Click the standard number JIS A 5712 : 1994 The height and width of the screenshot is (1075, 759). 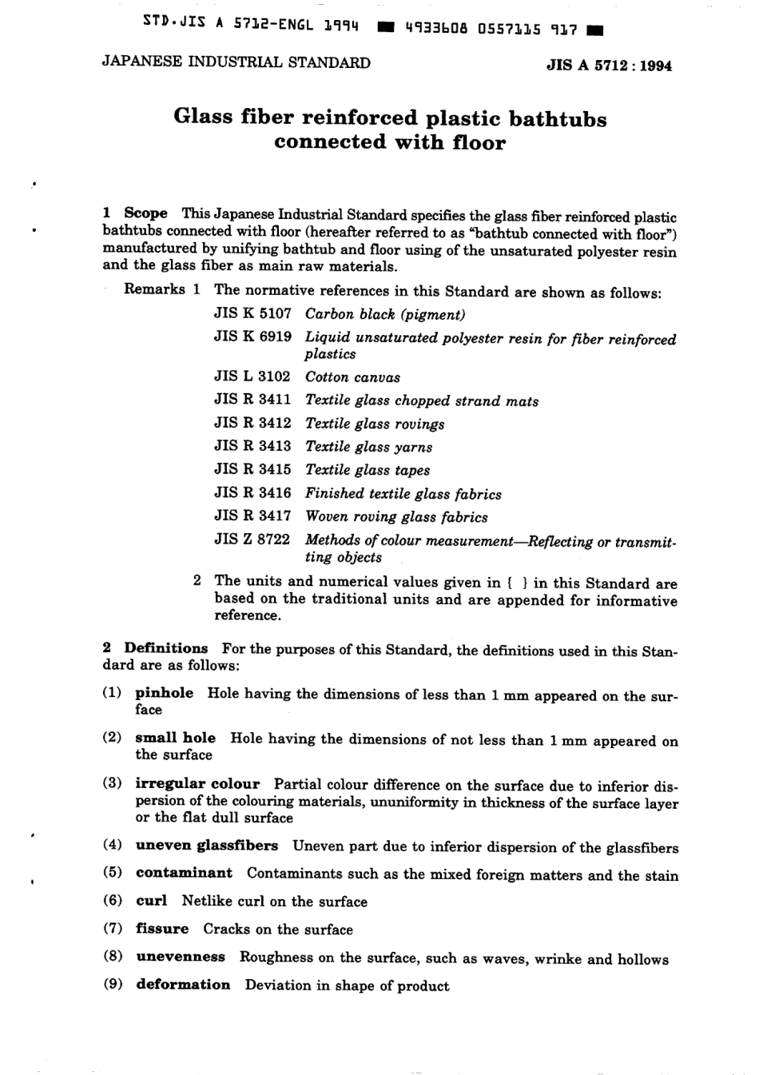click(x=609, y=66)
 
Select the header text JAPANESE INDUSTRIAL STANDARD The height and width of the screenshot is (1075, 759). click(x=236, y=62)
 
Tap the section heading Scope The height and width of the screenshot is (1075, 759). click(x=145, y=213)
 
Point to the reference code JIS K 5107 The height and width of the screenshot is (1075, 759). click(x=252, y=313)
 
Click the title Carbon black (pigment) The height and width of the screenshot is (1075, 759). click(x=384, y=314)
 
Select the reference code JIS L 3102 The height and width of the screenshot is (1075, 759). click(x=252, y=376)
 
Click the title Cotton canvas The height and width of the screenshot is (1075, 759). click(x=352, y=377)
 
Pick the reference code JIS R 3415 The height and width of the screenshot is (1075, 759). click(x=252, y=469)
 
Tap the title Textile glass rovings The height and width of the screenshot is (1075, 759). click(x=375, y=424)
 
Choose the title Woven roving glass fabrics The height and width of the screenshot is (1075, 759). click(x=396, y=517)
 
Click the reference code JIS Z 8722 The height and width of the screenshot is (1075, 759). click(x=252, y=539)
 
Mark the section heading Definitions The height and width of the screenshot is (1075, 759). click(x=165, y=648)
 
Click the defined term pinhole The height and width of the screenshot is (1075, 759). click(x=164, y=693)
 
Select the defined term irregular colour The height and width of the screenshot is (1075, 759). click(x=197, y=783)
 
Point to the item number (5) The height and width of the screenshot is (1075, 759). click(x=113, y=873)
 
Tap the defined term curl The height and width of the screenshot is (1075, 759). click(x=151, y=901)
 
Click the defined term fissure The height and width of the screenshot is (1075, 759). click(x=162, y=929)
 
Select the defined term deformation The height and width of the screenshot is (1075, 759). click(x=183, y=985)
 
